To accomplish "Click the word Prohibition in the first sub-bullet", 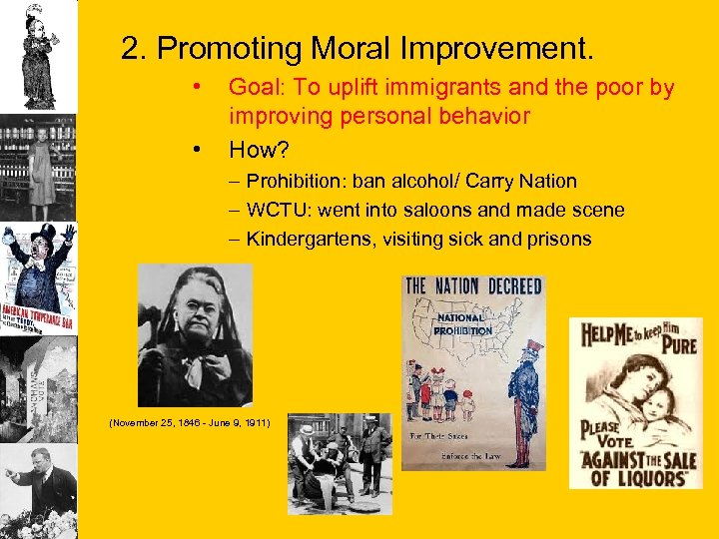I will [x=291, y=182].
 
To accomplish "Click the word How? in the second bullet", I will [x=259, y=150].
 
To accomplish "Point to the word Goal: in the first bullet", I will [x=258, y=88].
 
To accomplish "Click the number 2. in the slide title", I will [x=134, y=48].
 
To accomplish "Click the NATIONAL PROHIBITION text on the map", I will [x=463, y=324].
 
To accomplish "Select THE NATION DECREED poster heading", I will [x=473, y=286].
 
